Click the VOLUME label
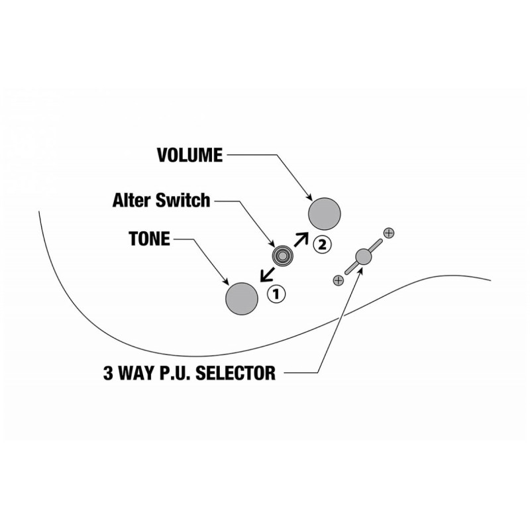pyautogui.click(x=190, y=155)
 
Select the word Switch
pyautogui.click(x=183, y=200)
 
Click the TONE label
pyautogui.click(x=150, y=238)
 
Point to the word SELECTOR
pyautogui.click(x=236, y=373)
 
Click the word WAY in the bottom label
pyautogui.click(x=136, y=373)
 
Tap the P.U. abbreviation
pyautogui.click(x=175, y=373)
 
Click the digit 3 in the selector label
pyautogui.click(x=108, y=373)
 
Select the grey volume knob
pyautogui.click(x=324, y=214)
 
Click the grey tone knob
pyautogui.click(x=242, y=299)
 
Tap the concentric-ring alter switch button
pyautogui.click(x=282, y=255)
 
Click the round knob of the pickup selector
pyautogui.click(x=364, y=256)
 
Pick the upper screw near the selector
pyautogui.click(x=389, y=233)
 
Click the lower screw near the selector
pyautogui.click(x=339, y=280)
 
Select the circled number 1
pyautogui.click(x=276, y=294)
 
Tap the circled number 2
pyautogui.click(x=323, y=244)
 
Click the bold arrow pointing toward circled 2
pyautogui.click(x=301, y=239)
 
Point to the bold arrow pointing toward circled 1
pyautogui.click(x=268, y=274)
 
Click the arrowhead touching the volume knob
pyautogui.click(x=309, y=197)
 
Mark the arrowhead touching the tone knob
pyautogui.click(x=226, y=282)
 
